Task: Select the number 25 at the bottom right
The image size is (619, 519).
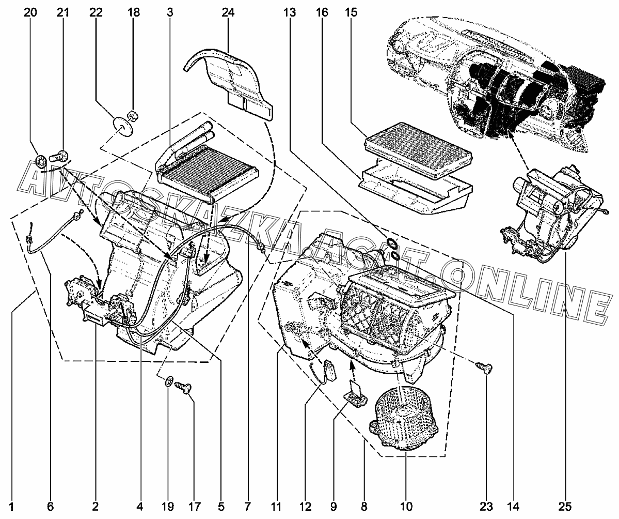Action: point(565,506)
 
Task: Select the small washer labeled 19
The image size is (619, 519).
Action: point(169,383)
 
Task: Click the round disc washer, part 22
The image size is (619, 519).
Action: point(122,125)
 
